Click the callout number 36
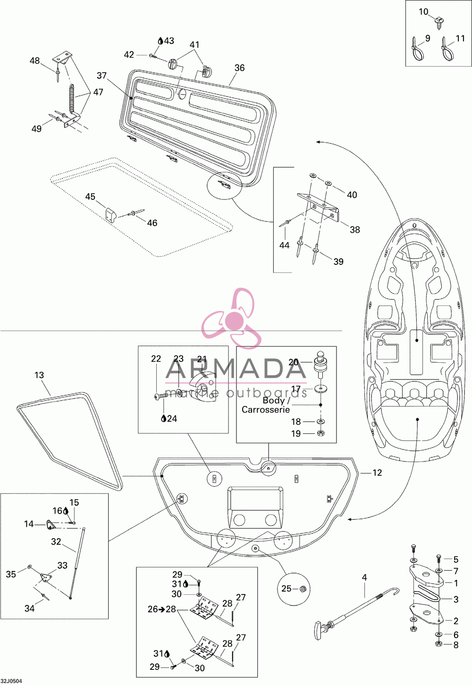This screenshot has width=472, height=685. (x=239, y=68)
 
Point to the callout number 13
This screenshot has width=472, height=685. (x=39, y=375)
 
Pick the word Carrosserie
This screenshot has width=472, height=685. (x=266, y=410)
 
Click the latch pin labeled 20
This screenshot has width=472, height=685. (x=319, y=365)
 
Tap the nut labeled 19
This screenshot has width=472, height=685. (x=320, y=433)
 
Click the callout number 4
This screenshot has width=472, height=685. (x=364, y=577)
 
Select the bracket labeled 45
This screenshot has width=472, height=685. (x=110, y=215)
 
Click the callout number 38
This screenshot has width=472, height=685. (x=354, y=229)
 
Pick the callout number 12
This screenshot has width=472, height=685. (x=377, y=473)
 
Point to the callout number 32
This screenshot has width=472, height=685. (x=56, y=541)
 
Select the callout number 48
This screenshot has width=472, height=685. (x=34, y=60)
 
